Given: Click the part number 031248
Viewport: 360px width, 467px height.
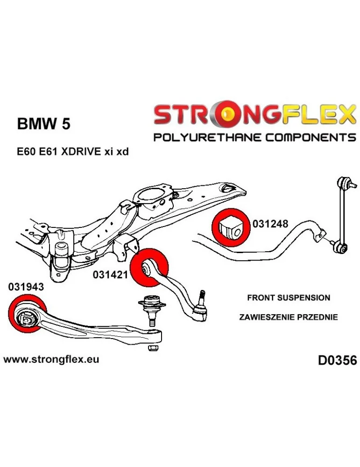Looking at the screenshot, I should (270, 224).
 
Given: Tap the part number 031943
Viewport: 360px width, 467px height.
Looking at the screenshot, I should (26, 287).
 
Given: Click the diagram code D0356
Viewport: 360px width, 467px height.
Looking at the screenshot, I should (337, 360).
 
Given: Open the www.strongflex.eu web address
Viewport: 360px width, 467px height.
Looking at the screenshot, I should (51, 359).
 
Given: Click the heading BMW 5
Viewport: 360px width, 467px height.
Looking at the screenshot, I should (45, 124).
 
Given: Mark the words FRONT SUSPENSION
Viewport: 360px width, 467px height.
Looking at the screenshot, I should (288, 297).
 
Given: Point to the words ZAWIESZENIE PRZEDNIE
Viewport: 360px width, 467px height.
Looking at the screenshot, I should (288, 317).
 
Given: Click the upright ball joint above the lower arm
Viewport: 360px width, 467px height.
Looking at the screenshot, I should (151, 308).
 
